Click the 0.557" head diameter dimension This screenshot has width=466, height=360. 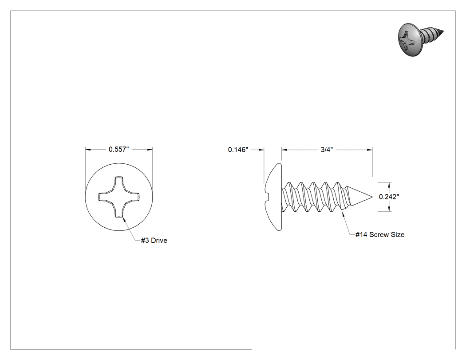click(119, 149)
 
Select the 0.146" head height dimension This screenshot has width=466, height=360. click(238, 150)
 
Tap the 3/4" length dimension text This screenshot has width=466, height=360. click(326, 150)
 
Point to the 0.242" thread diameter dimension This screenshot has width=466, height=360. click(389, 197)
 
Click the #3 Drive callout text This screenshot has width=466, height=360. click(154, 240)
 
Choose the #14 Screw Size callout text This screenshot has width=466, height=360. click(380, 234)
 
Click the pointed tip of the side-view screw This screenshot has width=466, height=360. click(372, 197)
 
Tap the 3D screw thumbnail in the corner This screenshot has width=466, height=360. click(420, 39)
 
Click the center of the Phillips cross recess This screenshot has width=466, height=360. click(119, 197)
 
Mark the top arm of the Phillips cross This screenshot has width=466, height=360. click(119, 182)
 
